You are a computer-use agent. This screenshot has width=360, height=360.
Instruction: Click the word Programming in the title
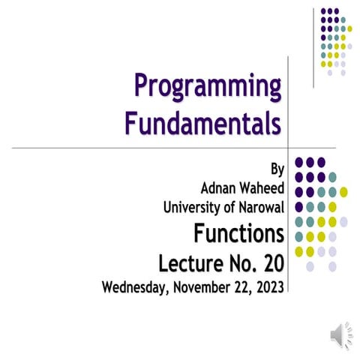[208, 88]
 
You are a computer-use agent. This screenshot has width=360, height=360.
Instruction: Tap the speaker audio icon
[335, 335]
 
